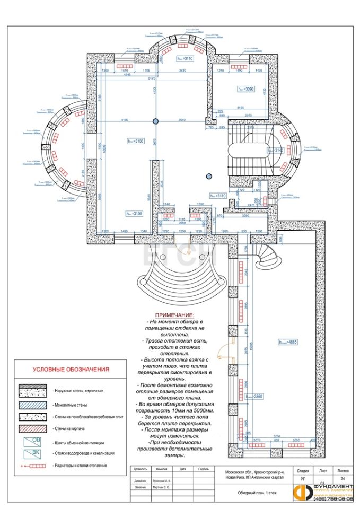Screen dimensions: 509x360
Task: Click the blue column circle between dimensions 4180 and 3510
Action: tap(155, 121)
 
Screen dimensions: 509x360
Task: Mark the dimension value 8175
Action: tap(151, 78)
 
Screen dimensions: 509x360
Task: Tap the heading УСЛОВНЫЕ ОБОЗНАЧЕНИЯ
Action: tap(71, 370)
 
